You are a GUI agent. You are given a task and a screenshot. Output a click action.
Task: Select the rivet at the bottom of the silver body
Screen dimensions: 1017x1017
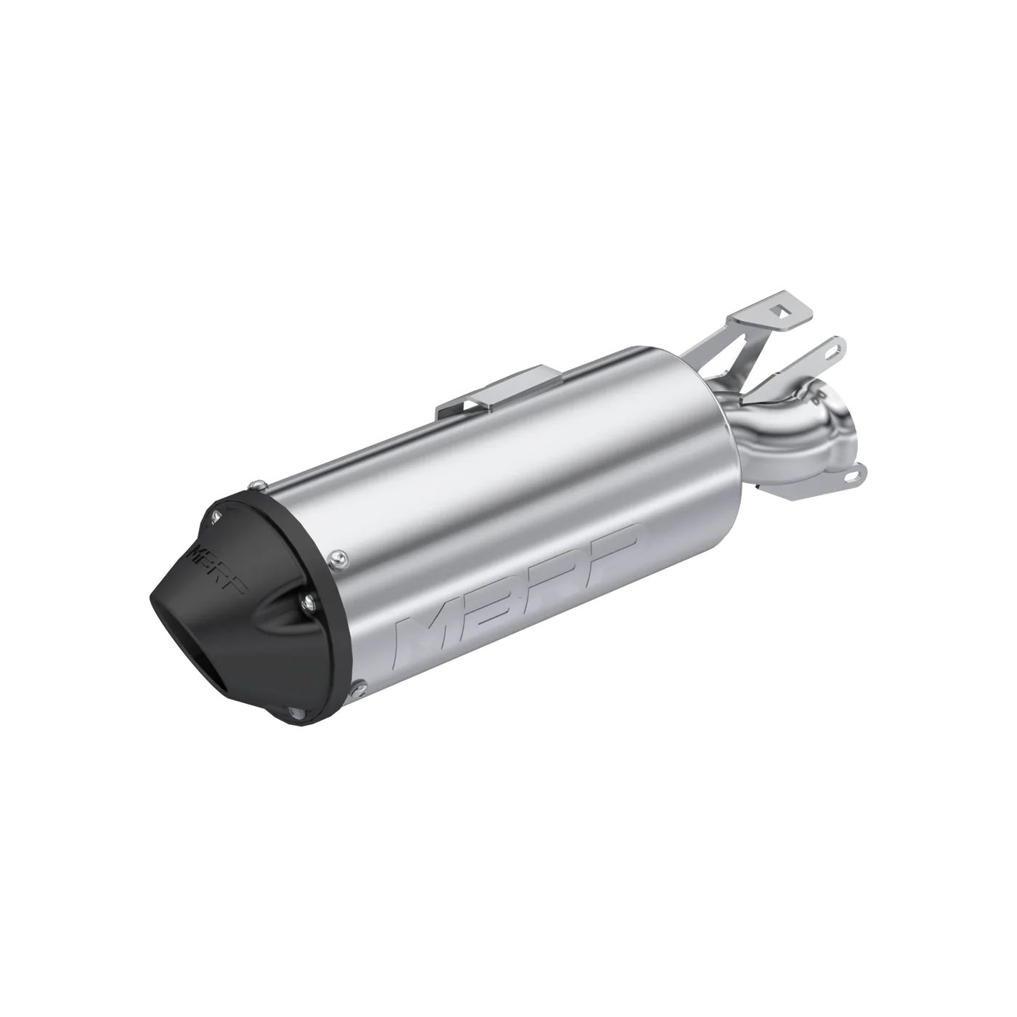[x=357, y=683]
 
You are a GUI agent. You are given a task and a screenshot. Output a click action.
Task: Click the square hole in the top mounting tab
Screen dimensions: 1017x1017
[x=781, y=310]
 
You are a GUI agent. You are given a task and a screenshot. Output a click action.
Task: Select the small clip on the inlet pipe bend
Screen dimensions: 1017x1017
[x=822, y=397]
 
